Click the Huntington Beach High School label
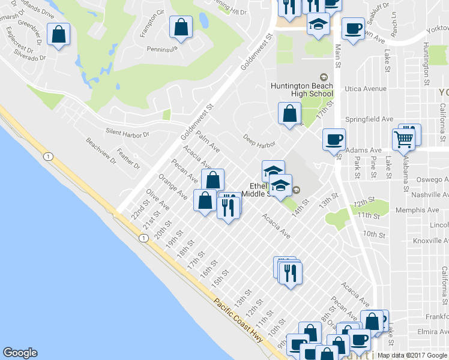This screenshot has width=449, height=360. pyautogui.click(x=309, y=89)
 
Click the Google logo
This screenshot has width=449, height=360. pyautogui.click(x=20, y=353)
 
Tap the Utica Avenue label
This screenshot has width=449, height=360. pyautogui.click(x=366, y=89)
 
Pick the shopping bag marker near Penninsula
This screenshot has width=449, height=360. pyautogui.click(x=181, y=27)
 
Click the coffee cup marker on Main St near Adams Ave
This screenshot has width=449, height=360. pyautogui.click(x=334, y=140)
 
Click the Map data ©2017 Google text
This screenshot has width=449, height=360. pyautogui.click(x=412, y=355)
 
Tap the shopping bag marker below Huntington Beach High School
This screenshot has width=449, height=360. pyautogui.click(x=289, y=113)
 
